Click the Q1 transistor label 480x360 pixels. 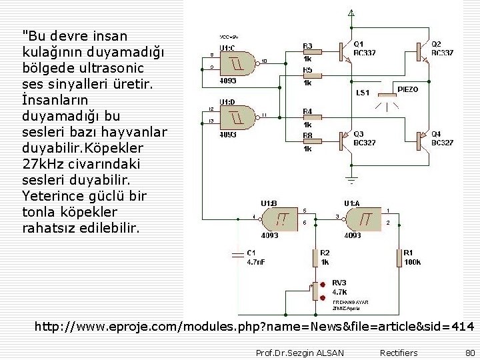359,44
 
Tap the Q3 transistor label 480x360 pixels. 359,133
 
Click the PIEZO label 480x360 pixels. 408,89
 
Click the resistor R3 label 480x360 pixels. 307,46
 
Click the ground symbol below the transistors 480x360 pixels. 352,179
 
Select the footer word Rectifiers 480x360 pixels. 399,353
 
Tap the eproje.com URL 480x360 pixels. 254,327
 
